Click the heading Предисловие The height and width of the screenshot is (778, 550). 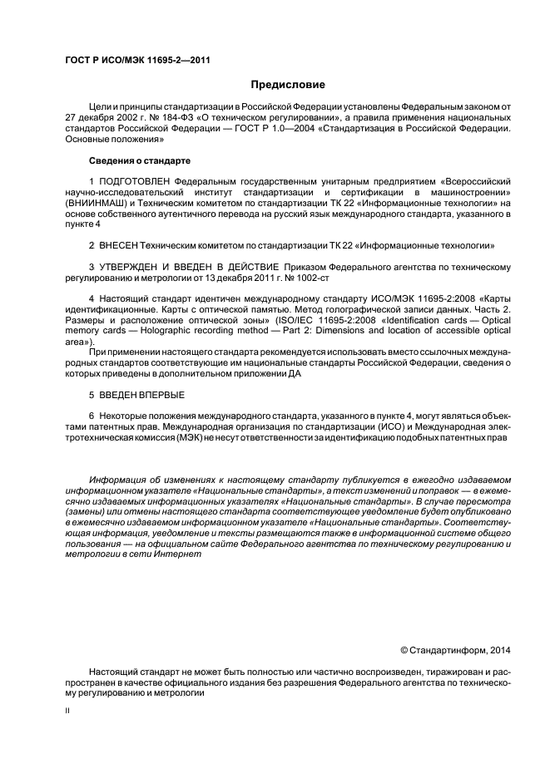pos(289,85)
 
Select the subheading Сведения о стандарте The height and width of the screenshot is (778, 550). pos(139,159)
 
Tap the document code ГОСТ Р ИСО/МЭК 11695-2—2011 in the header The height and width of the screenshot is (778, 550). pos(126,59)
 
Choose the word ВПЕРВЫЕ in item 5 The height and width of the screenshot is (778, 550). pos(162,394)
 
